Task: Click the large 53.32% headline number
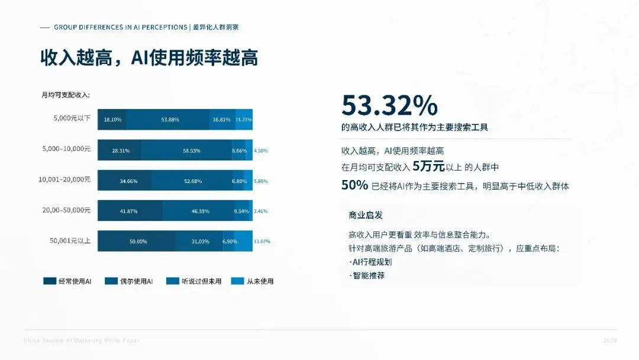tap(389, 106)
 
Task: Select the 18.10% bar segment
tap(112, 120)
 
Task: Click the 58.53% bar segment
tap(192, 150)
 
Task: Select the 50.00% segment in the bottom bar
tap(138, 242)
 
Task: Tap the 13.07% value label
tap(262, 242)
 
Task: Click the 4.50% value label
tap(261, 150)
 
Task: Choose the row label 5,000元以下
tap(72, 118)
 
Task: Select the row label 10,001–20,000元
tap(64, 179)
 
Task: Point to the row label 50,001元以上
tap(70, 240)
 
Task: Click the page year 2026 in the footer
tap(610, 341)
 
